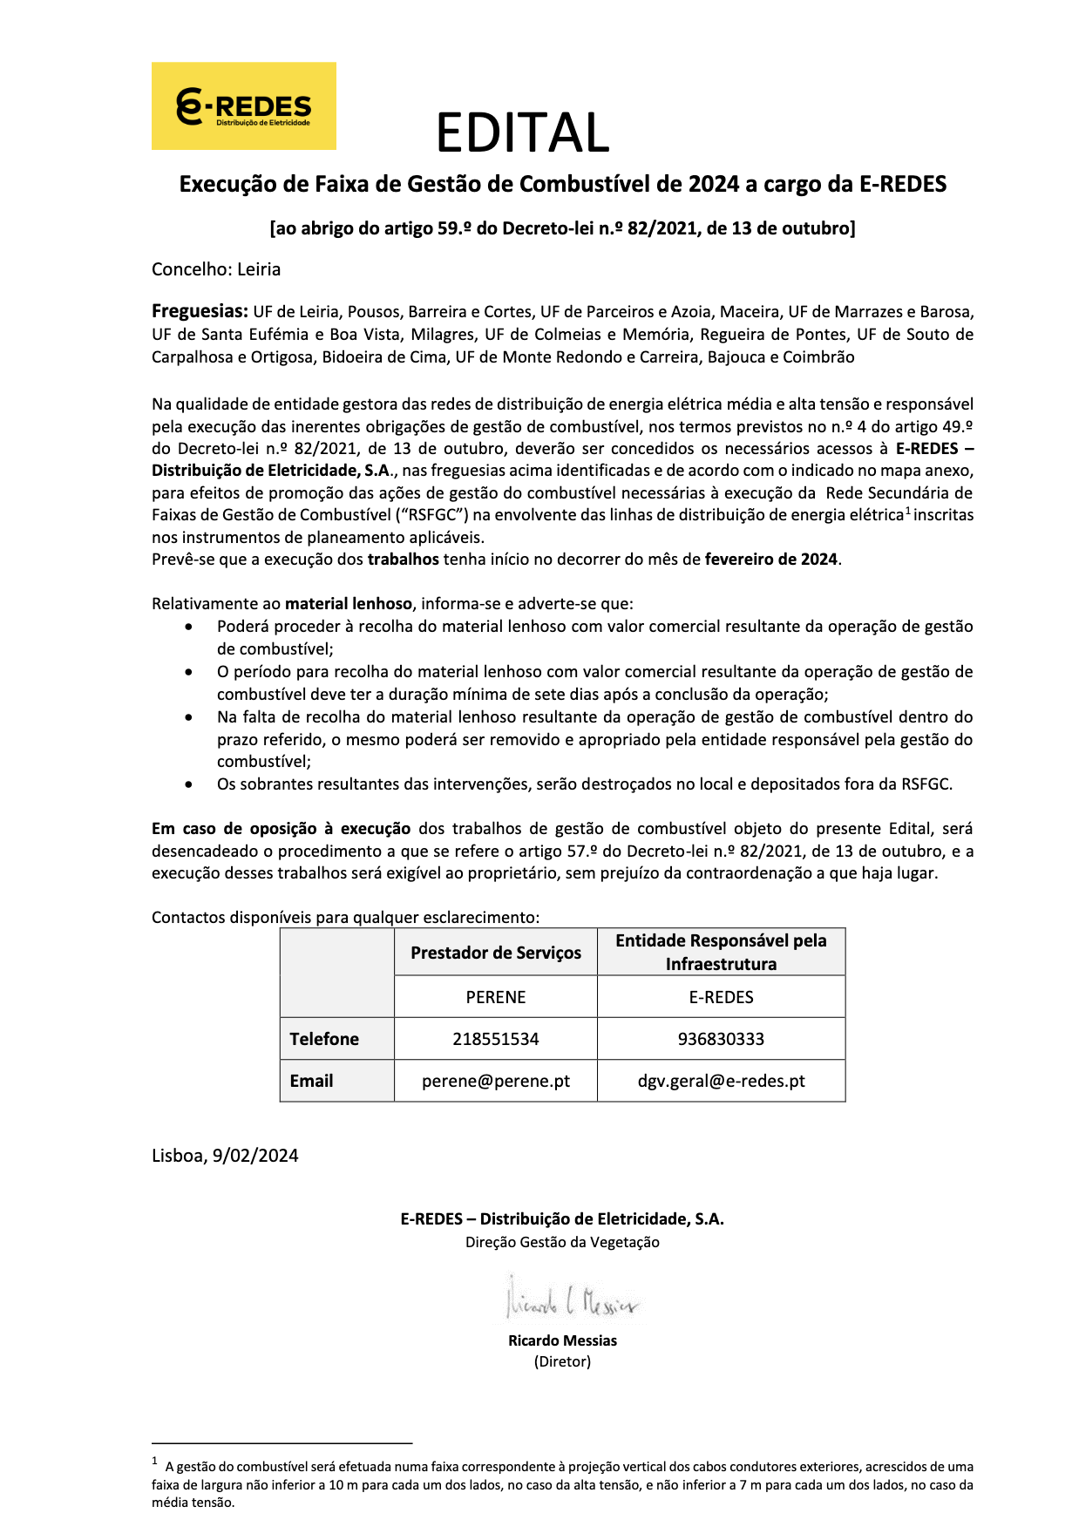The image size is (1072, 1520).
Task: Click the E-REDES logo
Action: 244,106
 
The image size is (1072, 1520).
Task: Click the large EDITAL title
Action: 522,133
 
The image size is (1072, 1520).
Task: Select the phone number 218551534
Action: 495,1039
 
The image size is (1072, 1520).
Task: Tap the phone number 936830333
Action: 721,1039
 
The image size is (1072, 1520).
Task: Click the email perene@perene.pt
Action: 495,1081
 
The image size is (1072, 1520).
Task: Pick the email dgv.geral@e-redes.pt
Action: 721,1081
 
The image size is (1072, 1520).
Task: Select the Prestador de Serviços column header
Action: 495,953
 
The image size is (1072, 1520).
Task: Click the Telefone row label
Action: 324,1039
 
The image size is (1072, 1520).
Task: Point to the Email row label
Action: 311,1081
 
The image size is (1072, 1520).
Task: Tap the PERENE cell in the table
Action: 495,997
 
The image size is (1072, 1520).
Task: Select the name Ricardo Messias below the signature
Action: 562,1340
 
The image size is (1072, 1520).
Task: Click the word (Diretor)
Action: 562,1361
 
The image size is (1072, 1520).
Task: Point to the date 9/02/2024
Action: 254,1156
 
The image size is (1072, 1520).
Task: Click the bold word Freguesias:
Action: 200,311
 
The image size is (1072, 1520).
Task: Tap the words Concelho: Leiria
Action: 216,269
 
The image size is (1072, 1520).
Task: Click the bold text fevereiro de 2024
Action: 770,560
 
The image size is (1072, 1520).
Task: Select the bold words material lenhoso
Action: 349,604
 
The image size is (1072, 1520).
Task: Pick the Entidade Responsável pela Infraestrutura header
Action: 721,952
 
